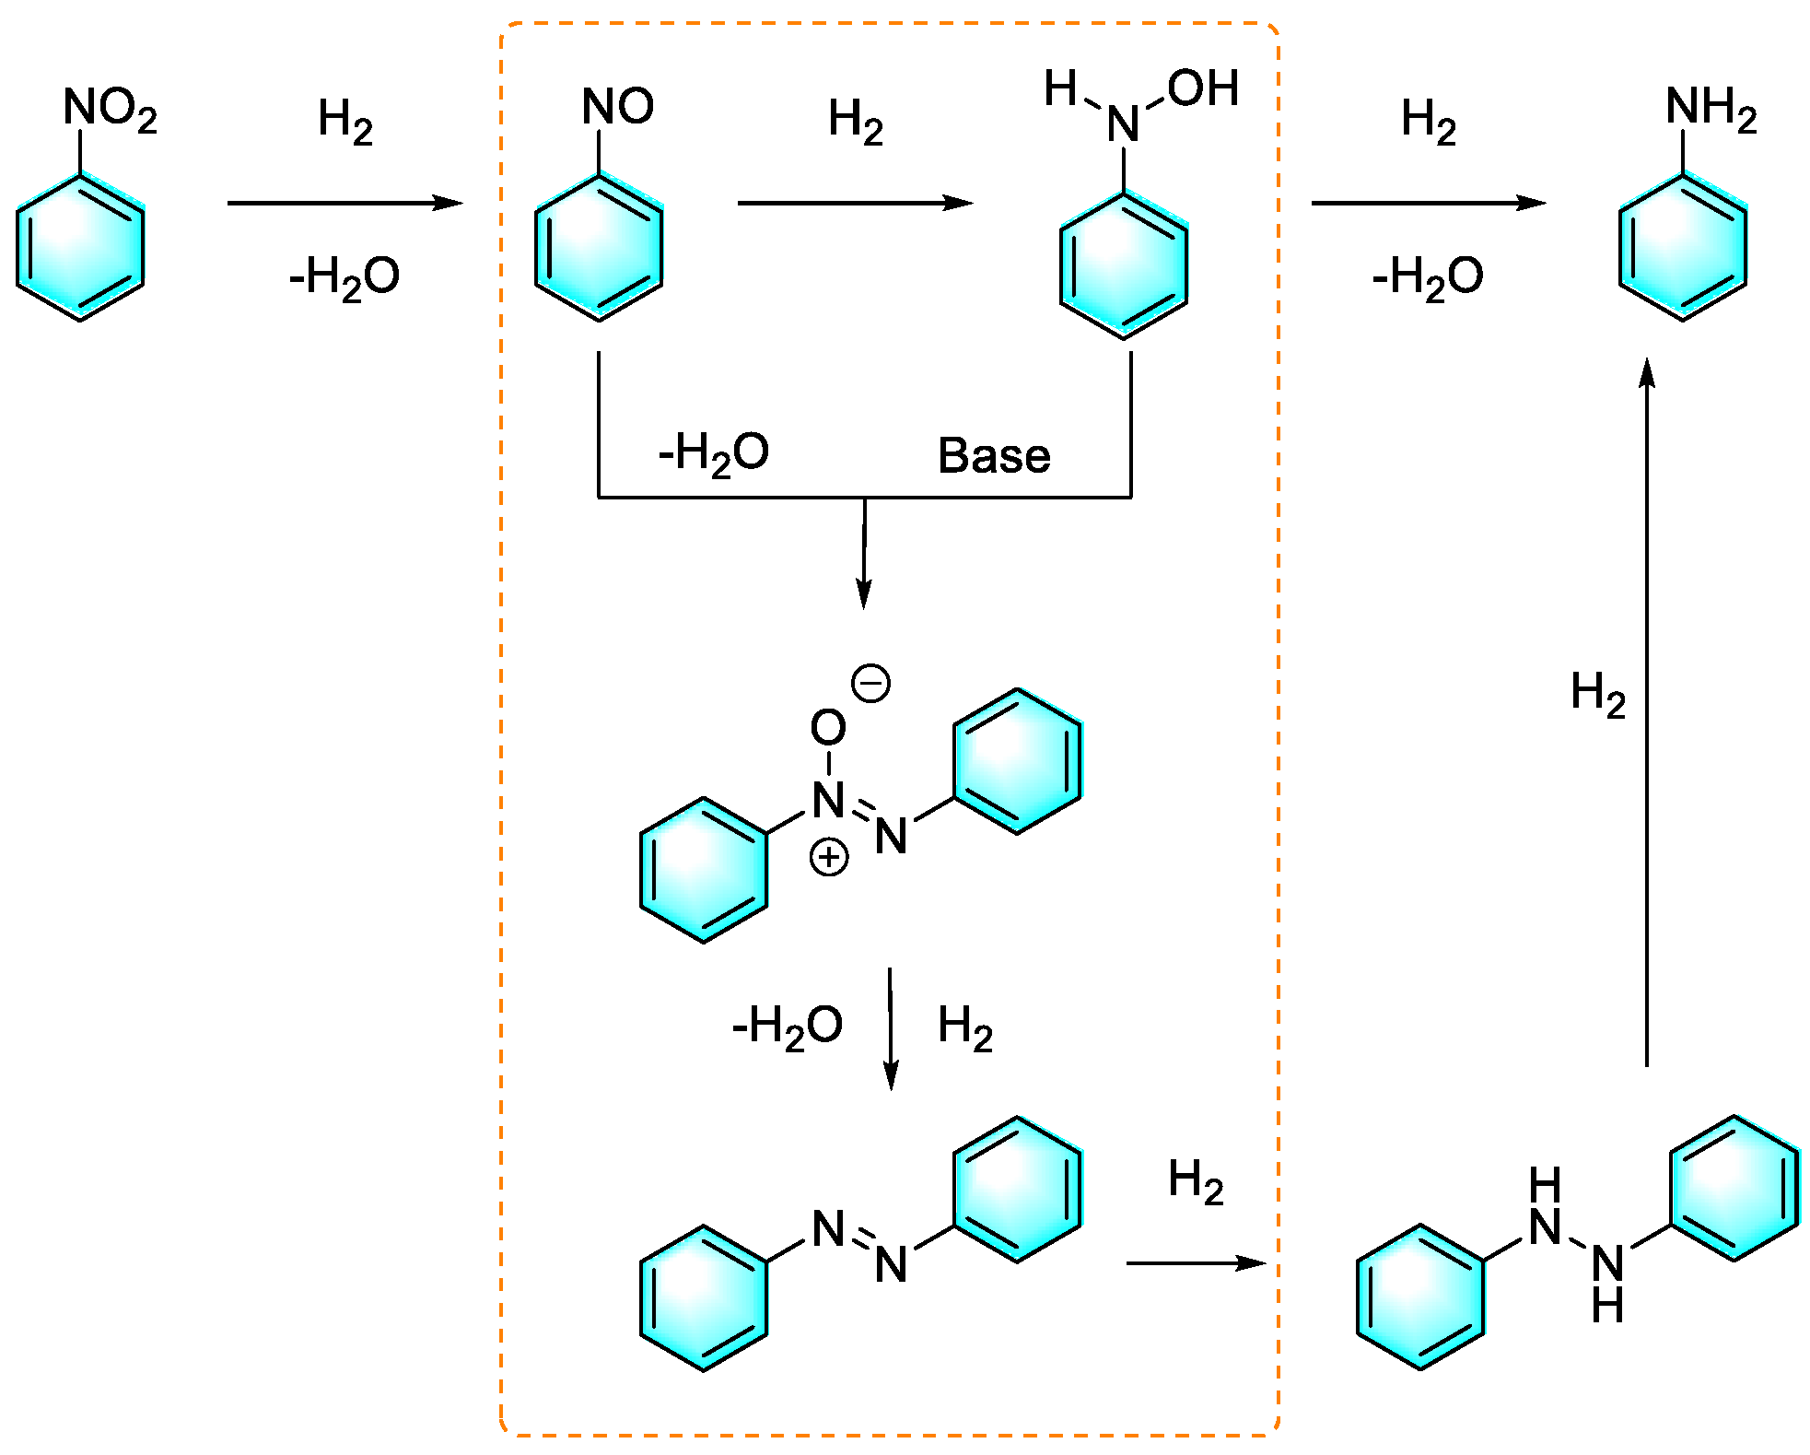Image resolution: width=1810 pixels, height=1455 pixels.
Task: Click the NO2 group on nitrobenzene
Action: click(x=109, y=109)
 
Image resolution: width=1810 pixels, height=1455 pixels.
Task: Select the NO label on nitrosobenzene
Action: click(x=617, y=106)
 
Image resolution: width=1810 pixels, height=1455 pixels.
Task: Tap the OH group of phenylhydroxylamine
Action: click(x=1202, y=89)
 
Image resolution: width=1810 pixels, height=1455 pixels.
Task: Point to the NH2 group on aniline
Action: click(x=1711, y=108)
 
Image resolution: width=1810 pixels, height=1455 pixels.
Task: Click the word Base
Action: click(x=994, y=456)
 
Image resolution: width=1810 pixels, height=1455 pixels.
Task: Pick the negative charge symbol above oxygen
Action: click(x=870, y=683)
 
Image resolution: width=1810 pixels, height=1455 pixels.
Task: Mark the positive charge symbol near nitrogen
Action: click(x=828, y=858)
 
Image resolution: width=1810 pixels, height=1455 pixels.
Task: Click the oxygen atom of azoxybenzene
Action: click(x=828, y=728)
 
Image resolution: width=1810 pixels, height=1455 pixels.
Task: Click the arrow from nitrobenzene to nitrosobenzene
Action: click(x=344, y=203)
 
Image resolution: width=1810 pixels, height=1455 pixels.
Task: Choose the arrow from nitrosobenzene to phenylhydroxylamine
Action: click(x=855, y=203)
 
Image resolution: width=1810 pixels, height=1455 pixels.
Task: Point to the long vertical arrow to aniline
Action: click(x=1647, y=710)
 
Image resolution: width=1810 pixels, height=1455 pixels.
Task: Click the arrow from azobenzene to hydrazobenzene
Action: click(x=1196, y=1262)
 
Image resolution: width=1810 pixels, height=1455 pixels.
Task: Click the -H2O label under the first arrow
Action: click(x=344, y=277)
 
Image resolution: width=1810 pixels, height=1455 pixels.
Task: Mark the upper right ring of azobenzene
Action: click(x=1017, y=1189)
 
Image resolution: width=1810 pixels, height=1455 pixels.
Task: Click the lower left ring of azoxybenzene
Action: click(x=704, y=870)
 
